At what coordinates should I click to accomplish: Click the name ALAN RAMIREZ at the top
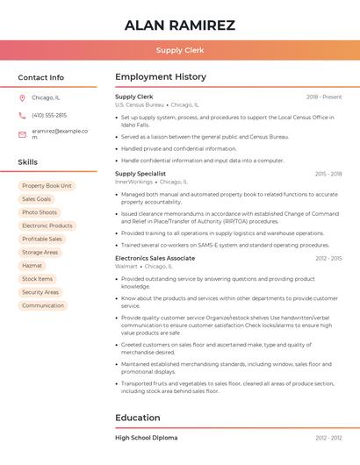click(x=180, y=25)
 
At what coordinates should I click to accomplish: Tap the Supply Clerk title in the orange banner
click(x=180, y=50)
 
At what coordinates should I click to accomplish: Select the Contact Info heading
click(x=41, y=77)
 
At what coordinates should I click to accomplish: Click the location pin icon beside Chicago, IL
click(x=22, y=97)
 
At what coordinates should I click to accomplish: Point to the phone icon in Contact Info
click(x=22, y=115)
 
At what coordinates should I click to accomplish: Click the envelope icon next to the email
click(x=22, y=133)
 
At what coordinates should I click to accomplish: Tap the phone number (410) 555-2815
click(x=49, y=115)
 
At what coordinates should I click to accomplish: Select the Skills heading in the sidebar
click(x=28, y=162)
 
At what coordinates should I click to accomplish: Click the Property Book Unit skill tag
click(x=47, y=186)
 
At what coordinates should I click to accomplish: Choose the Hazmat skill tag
click(x=32, y=265)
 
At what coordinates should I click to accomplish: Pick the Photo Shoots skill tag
click(x=40, y=212)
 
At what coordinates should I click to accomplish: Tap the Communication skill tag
click(x=43, y=305)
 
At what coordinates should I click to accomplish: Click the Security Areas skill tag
click(x=40, y=292)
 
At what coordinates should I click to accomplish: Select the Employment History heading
click(x=161, y=77)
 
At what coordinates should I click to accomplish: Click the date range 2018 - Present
click(x=324, y=97)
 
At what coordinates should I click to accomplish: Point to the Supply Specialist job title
click(x=140, y=174)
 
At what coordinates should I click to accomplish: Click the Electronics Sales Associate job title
click(x=155, y=258)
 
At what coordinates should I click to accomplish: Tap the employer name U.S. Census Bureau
click(x=140, y=104)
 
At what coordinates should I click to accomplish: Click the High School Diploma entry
click(x=146, y=437)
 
